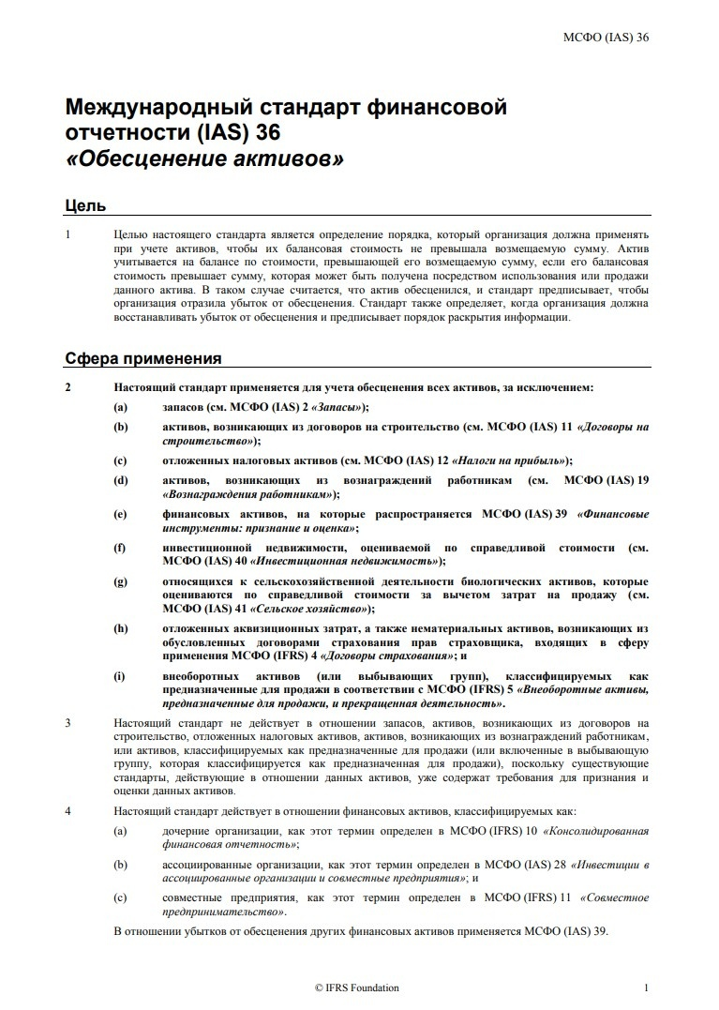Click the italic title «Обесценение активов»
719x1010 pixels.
click(205, 158)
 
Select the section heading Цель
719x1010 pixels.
click(84, 205)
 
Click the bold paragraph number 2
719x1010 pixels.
click(68, 386)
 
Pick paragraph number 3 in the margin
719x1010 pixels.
click(68, 723)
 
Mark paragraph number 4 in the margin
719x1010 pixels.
click(68, 811)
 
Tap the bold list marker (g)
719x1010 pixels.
click(120, 581)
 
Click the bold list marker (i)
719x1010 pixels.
click(120, 675)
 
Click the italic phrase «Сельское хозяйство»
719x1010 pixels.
click(305, 609)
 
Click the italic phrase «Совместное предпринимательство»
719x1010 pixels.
click(225, 911)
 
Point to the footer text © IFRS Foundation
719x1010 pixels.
click(357, 987)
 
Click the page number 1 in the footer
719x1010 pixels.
click(646, 987)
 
